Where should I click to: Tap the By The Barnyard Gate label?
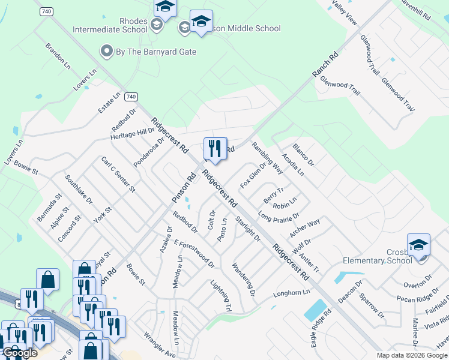155,52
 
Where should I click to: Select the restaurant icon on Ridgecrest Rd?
215,148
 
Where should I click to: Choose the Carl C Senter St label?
118,175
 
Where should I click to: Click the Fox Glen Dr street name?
253,174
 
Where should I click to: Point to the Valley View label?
345,13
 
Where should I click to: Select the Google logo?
20,353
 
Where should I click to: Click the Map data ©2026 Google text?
411,355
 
